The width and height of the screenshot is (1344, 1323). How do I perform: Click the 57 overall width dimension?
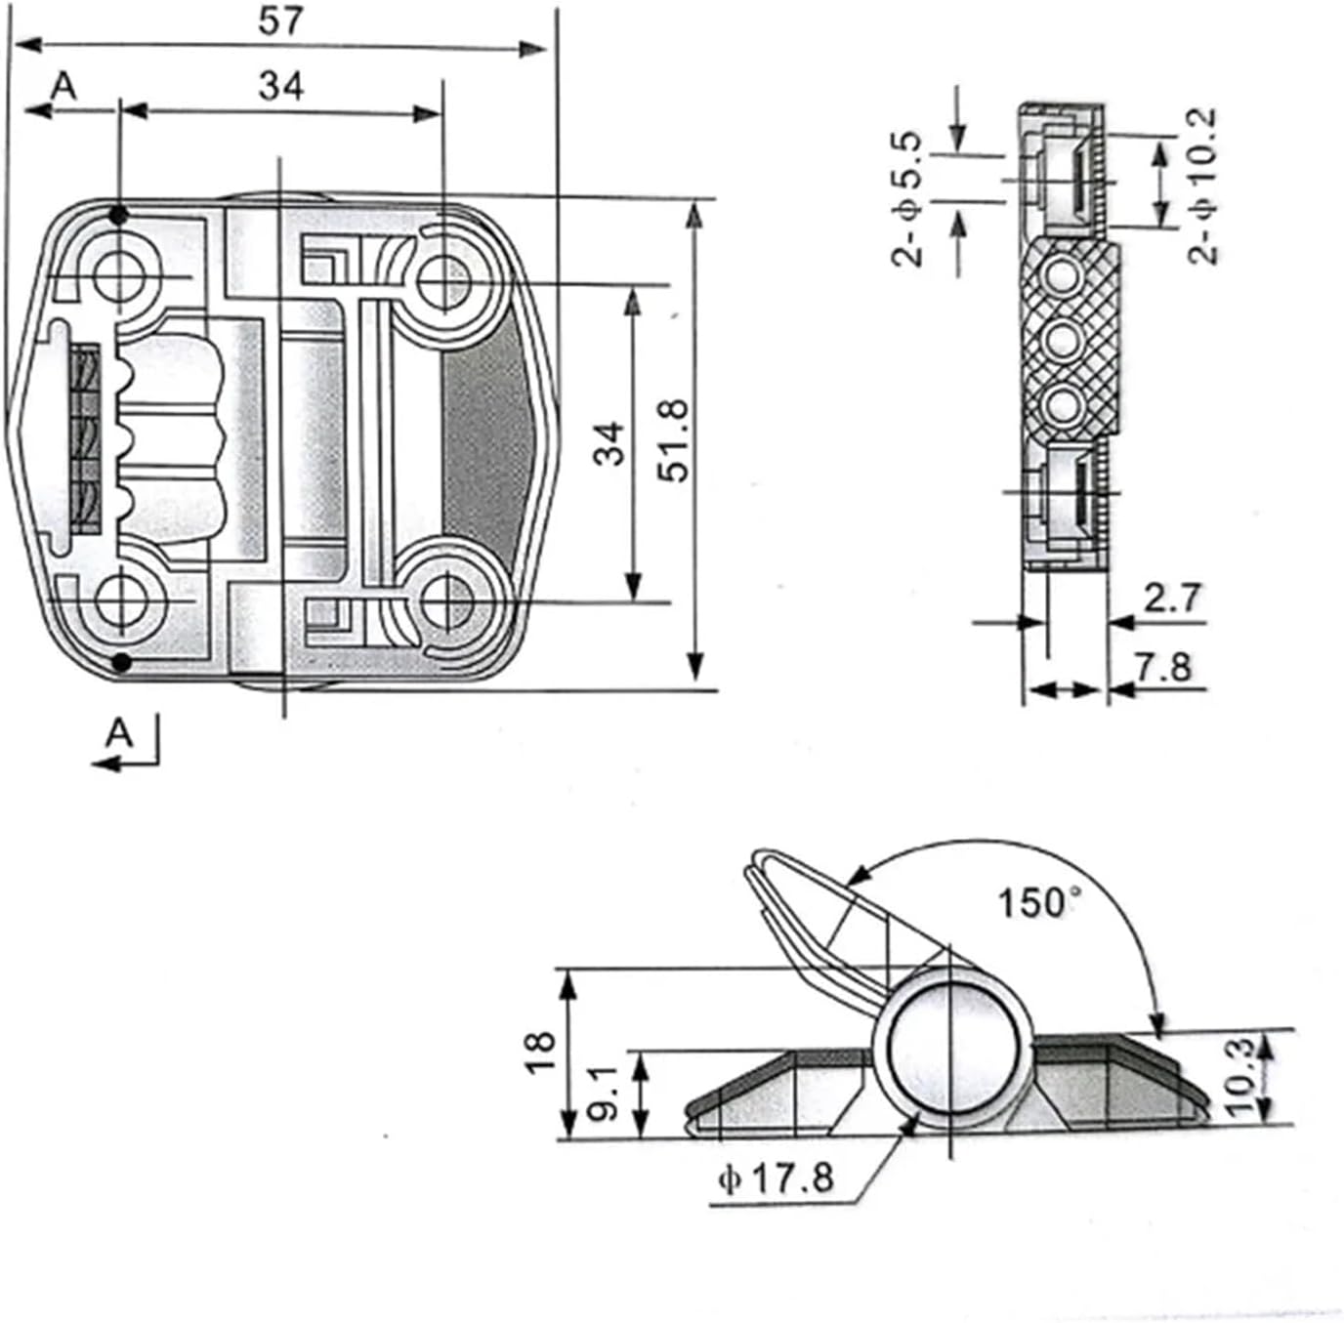(281, 21)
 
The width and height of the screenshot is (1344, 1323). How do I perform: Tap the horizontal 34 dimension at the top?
(281, 87)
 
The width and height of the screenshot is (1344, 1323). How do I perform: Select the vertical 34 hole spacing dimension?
(609, 442)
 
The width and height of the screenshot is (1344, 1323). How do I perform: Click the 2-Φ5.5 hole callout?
(906, 200)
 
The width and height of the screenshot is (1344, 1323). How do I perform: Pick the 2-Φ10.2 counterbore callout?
(1205, 186)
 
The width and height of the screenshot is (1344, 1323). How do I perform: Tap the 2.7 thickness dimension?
(1171, 598)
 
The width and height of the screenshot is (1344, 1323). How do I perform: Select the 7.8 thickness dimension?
(1164, 667)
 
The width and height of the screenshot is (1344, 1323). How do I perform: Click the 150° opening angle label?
(1040, 902)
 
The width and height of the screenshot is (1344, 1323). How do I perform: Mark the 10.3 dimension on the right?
(1238, 1076)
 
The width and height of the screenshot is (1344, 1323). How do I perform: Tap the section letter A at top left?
(63, 87)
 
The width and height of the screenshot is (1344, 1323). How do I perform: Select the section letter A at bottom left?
(118, 732)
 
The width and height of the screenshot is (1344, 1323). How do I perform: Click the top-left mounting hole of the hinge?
(120, 277)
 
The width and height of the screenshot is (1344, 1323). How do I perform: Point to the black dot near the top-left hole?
(119, 215)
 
